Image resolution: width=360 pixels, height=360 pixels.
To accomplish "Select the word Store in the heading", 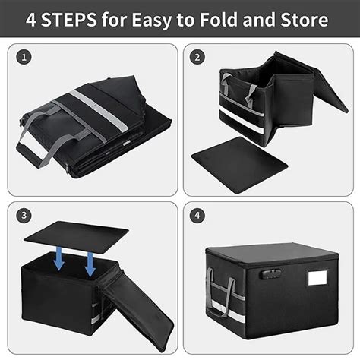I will (x=324, y=19).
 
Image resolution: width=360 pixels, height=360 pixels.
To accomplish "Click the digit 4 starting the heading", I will (x=33, y=19).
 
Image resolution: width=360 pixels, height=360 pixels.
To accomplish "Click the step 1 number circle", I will (x=26, y=58).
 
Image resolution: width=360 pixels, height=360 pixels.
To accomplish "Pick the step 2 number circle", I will (x=197, y=58).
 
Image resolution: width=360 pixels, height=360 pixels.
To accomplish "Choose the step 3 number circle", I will (x=26, y=216).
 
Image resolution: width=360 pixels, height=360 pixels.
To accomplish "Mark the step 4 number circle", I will (x=197, y=216).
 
